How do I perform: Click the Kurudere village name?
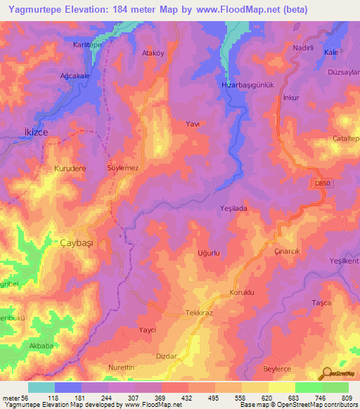click(70, 169)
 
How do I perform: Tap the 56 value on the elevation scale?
click(29, 398)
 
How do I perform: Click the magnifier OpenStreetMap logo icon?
click(325, 372)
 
